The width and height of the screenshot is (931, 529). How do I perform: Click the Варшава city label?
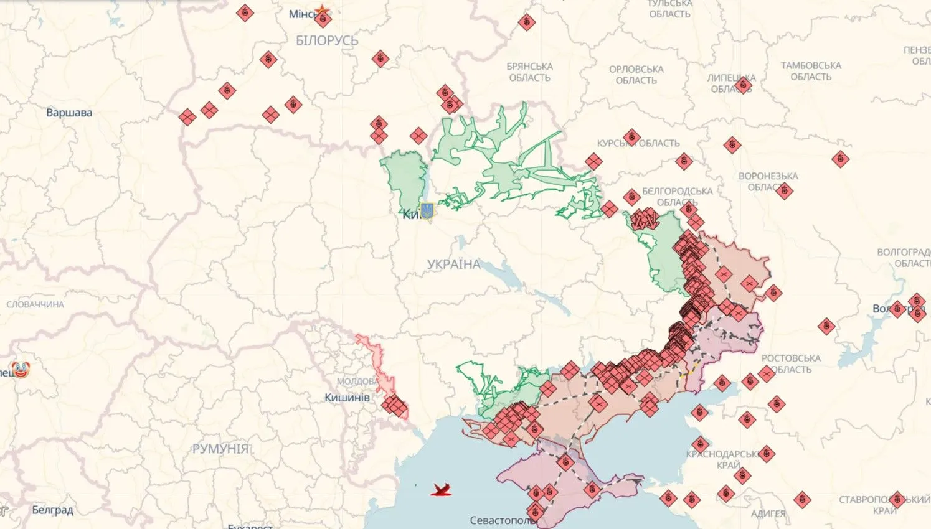(x=69, y=113)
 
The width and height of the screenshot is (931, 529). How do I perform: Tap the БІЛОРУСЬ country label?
(x=327, y=40)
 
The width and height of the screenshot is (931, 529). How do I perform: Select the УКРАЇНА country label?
(x=453, y=264)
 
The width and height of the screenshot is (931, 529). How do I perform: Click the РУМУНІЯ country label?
(x=220, y=448)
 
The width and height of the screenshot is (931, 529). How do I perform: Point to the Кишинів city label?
(x=347, y=397)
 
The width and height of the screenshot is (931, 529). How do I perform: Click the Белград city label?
(x=52, y=510)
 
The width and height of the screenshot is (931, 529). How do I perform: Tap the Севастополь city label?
(x=499, y=520)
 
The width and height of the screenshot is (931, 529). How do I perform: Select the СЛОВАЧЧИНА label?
(x=35, y=304)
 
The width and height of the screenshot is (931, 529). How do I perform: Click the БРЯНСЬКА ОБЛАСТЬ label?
(x=529, y=72)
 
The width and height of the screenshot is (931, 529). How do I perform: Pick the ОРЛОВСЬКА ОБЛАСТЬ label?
(x=636, y=75)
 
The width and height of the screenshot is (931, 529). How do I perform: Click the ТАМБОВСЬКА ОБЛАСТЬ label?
(x=811, y=71)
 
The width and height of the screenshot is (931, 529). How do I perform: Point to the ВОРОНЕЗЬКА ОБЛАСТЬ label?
(x=768, y=181)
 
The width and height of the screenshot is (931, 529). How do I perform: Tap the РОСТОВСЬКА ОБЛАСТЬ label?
(x=791, y=363)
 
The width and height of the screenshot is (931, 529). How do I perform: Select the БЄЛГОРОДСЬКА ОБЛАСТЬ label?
(x=677, y=196)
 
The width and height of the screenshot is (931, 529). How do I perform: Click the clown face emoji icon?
(x=21, y=371)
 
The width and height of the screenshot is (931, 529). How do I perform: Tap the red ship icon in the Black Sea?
(x=442, y=490)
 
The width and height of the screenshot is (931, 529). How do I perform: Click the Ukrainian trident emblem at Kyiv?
(x=427, y=211)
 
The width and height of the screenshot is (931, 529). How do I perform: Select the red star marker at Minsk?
(x=322, y=11)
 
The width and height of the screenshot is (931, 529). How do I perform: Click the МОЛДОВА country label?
(x=356, y=381)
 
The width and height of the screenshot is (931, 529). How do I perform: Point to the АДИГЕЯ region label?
(x=768, y=513)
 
